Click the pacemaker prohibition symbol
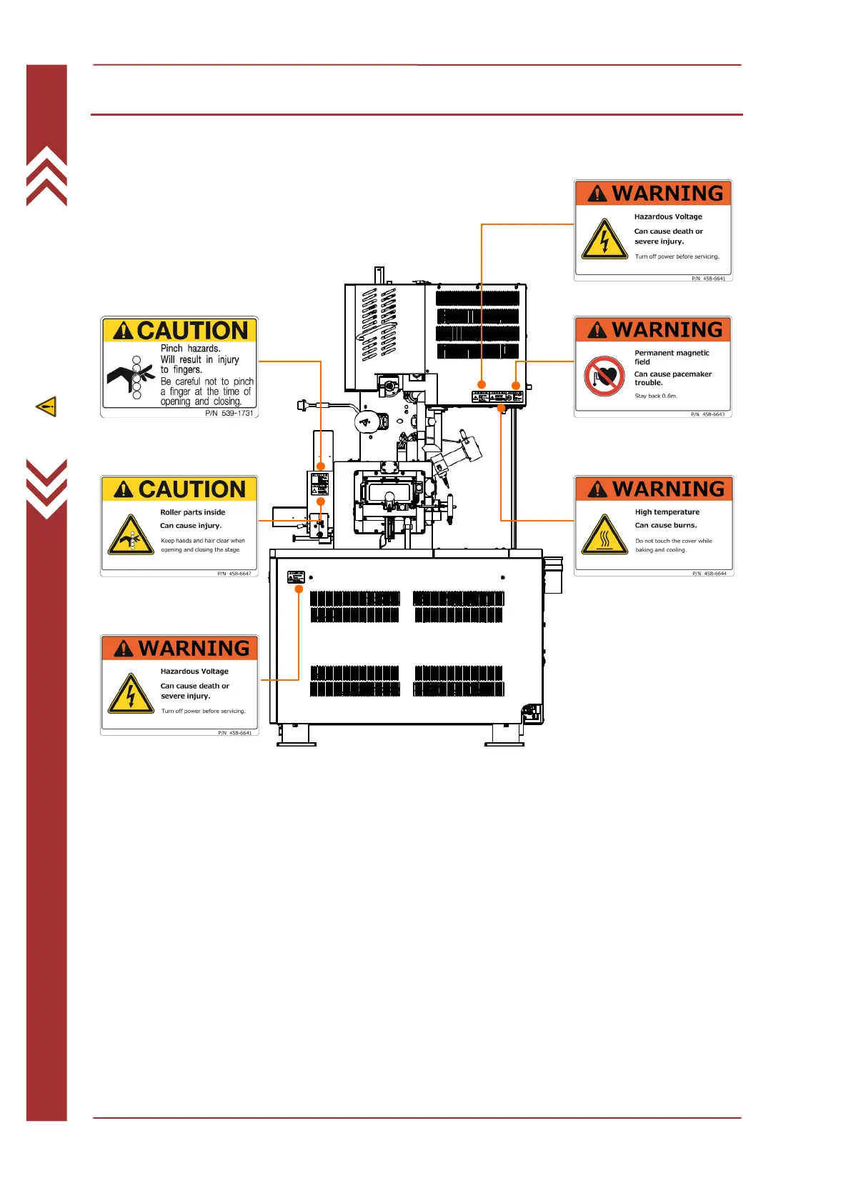coord(604,376)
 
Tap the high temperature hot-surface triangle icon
coord(604,535)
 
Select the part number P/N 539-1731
coord(229,413)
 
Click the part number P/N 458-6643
coord(707,414)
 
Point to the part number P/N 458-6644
coord(709,574)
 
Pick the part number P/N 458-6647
coord(234,574)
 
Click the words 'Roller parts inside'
coord(192,512)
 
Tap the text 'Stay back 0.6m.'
coord(656,396)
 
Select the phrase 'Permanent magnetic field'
coord(672,357)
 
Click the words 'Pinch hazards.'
coord(190,349)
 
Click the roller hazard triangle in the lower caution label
coord(131,535)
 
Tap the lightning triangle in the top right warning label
coord(604,239)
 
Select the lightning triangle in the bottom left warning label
coord(131,694)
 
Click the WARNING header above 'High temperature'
coord(654,489)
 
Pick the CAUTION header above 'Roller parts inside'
coord(179,489)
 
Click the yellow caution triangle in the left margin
coord(46,406)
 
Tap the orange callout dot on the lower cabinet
coord(299,589)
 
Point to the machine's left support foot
coord(297,737)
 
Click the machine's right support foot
coord(504,737)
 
